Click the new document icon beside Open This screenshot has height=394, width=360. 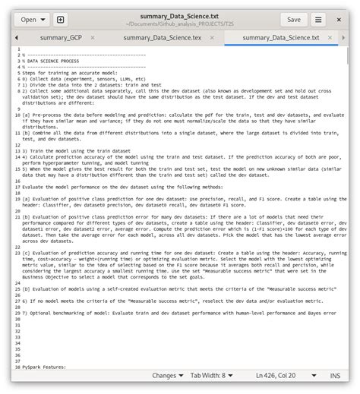61,20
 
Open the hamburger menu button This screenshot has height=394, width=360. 319,20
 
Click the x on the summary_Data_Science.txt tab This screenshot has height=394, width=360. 332,37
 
